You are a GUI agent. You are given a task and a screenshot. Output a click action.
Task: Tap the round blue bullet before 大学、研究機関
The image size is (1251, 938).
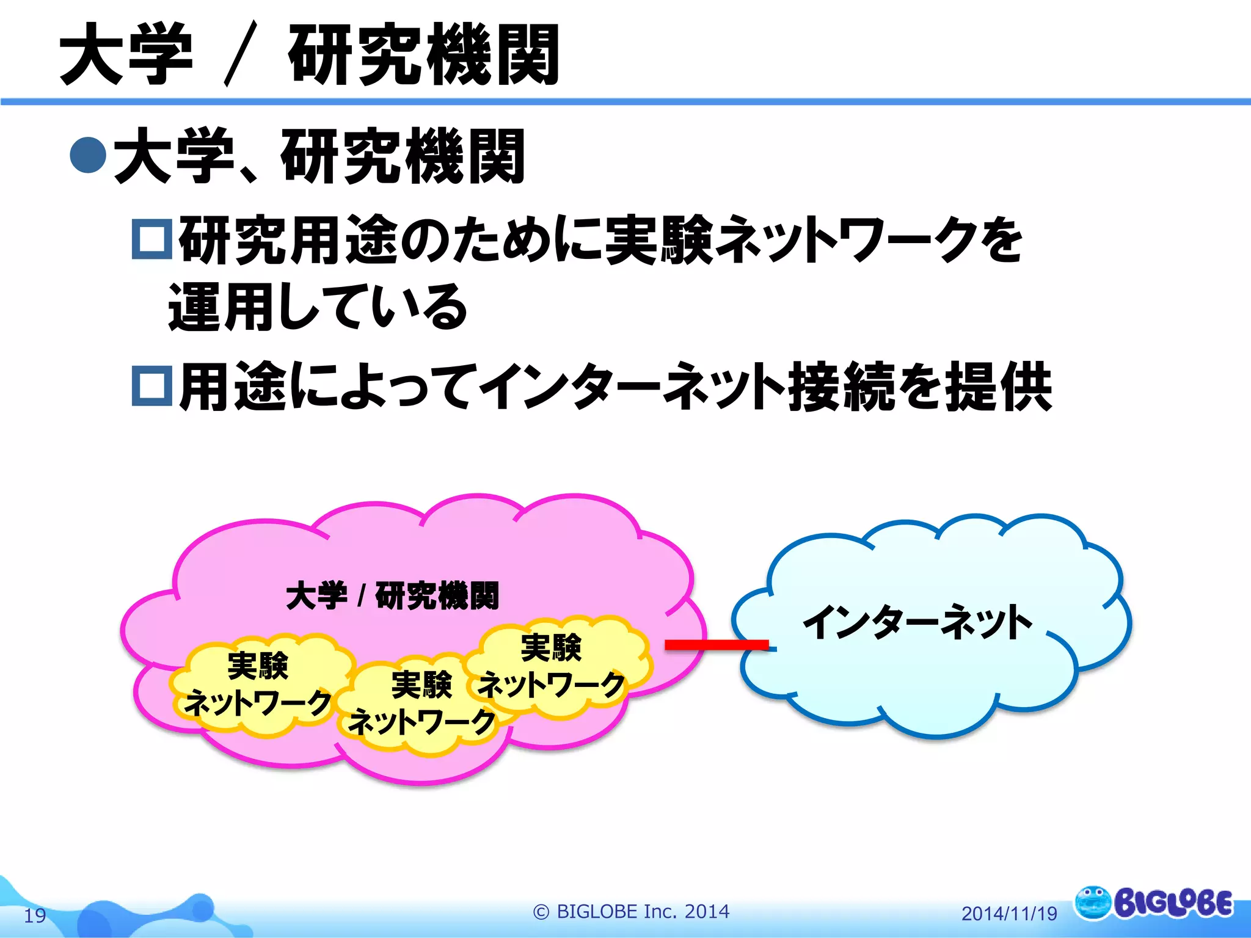89,155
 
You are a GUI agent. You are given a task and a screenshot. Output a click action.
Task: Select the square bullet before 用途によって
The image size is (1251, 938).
152,385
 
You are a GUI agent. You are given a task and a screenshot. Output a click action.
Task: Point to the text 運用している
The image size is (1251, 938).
318,307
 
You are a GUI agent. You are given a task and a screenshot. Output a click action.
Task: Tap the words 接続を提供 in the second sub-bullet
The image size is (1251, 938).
919,386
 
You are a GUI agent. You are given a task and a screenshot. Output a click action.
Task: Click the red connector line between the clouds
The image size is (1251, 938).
716,645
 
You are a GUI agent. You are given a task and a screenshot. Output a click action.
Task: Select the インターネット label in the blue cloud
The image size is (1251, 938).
917,623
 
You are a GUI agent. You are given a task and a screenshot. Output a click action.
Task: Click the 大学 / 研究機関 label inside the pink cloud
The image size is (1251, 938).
392,595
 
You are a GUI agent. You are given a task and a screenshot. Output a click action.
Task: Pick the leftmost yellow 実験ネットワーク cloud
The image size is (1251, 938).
258,684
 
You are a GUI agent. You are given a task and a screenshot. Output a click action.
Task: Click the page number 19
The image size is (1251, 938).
35,915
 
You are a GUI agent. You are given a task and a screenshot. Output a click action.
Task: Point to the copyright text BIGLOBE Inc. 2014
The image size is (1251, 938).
632,911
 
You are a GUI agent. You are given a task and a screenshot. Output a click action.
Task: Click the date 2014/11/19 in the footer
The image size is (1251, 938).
1009,914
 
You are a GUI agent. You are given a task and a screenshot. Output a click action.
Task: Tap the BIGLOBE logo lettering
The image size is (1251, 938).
1173,903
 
